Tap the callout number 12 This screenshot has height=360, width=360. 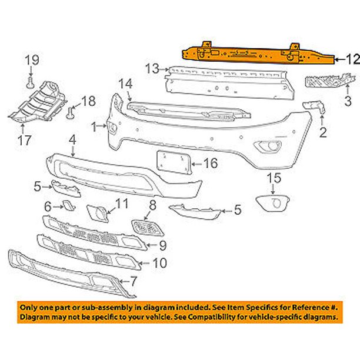(x=352, y=58)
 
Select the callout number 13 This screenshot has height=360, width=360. (x=152, y=69)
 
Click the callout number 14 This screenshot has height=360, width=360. (x=125, y=84)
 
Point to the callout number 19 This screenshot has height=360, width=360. (x=31, y=59)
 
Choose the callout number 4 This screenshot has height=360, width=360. (x=72, y=141)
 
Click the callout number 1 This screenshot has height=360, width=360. (x=94, y=126)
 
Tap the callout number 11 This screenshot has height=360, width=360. (x=121, y=204)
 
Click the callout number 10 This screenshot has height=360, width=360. (x=159, y=264)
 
